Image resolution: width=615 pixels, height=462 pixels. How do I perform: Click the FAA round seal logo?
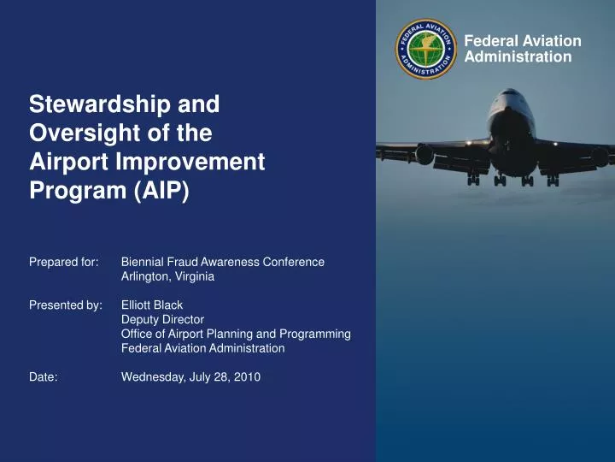426,49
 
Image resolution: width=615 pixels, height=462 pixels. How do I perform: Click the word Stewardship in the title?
96,104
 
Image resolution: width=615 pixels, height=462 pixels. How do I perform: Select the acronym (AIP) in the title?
161,191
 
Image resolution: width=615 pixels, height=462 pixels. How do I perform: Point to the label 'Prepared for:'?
63,262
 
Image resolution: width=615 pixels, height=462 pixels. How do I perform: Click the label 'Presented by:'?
66,305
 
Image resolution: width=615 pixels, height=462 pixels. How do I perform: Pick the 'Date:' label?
44,377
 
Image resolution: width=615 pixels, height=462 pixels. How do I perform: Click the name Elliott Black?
152,305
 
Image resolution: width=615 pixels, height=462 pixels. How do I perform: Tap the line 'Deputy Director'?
162,319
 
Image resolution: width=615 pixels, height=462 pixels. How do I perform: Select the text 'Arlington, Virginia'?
167,276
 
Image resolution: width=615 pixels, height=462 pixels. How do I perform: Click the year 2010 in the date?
247,377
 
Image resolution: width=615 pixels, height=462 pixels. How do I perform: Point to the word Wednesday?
153,377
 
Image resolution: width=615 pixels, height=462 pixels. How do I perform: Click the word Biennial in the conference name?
143,262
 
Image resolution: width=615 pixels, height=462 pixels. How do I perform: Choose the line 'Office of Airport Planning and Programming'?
236,334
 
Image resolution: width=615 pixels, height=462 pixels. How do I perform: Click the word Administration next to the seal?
518,57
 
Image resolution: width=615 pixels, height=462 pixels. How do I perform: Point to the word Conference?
292,262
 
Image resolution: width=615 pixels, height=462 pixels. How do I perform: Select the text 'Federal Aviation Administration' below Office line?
202,348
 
